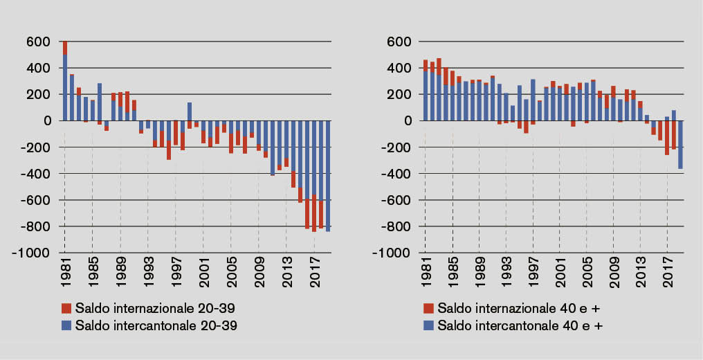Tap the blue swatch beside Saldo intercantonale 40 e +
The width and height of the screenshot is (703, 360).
pos(428,325)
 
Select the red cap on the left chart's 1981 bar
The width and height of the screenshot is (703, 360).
pos(65,48)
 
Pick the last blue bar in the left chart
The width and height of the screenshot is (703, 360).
pos(327,177)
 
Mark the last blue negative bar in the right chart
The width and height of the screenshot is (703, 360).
pos(680,145)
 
